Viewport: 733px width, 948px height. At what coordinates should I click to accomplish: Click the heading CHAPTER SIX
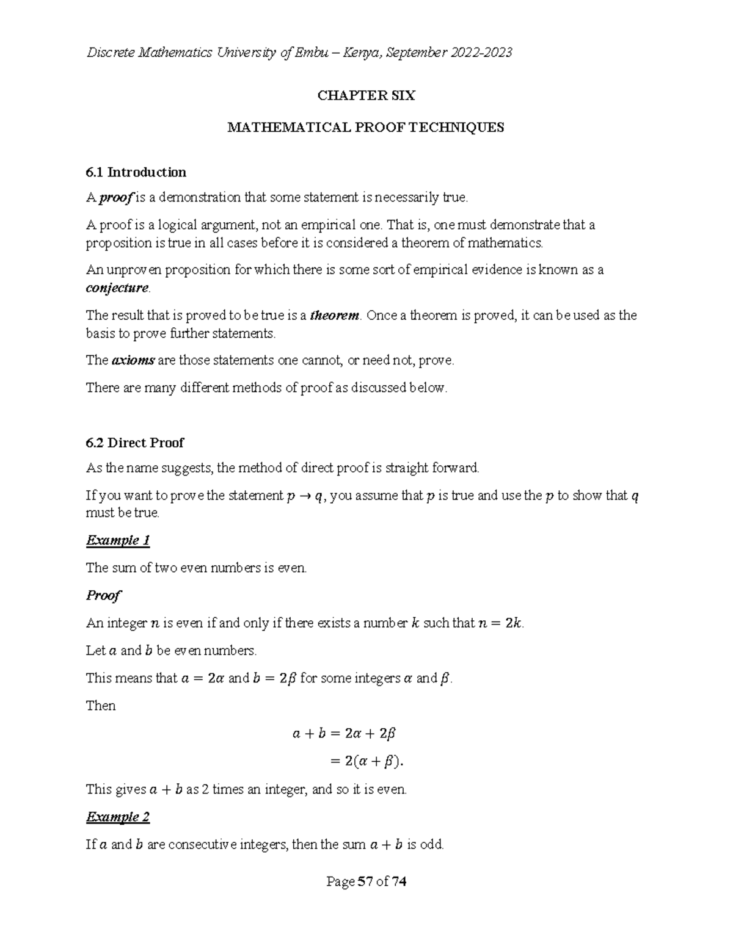(x=366, y=95)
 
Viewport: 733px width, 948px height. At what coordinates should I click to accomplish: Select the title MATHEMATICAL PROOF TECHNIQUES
(x=366, y=128)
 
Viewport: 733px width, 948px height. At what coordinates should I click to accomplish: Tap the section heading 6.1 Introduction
(x=136, y=172)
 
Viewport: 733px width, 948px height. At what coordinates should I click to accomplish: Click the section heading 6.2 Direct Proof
(x=134, y=443)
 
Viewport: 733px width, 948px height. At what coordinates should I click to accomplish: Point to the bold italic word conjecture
(x=117, y=288)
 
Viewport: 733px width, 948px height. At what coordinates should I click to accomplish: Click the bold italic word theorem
(x=335, y=316)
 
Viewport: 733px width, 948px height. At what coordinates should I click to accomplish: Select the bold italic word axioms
(x=133, y=361)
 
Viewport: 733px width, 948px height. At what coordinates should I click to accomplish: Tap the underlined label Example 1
(x=118, y=540)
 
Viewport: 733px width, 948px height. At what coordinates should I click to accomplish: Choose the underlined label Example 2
(x=118, y=817)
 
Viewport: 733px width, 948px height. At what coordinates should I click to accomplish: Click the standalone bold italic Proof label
(x=103, y=595)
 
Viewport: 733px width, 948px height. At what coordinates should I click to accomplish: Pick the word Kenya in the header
(x=362, y=53)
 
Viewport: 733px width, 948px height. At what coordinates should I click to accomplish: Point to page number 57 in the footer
(x=365, y=881)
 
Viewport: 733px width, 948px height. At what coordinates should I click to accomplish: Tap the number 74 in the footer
(x=399, y=881)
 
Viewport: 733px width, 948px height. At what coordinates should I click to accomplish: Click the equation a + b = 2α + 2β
(x=345, y=734)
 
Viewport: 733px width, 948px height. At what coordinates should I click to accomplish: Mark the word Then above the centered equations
(x=101, y=706)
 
